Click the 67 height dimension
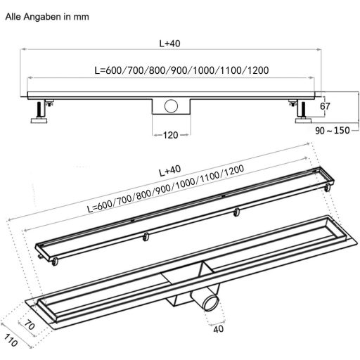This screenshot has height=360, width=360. (325, 106)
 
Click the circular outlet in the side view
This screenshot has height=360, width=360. (169, 108)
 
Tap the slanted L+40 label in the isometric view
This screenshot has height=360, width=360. (169, 170)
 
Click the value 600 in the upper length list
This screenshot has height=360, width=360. (114, 70)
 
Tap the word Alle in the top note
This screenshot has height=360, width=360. (13, 13)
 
